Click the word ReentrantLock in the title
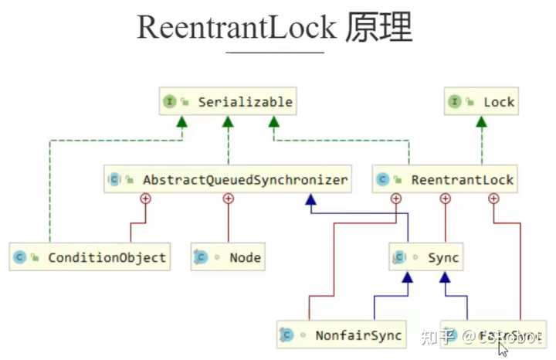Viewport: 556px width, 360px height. (x=236, y=28)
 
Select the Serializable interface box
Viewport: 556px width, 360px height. (x=227, y=102)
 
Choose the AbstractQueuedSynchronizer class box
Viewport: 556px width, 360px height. (x=227, y=179)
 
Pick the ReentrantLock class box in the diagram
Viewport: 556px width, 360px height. (x=444, y=179)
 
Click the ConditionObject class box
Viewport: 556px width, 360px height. (x=90, y=257)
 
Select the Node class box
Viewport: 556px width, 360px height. (x=228, y=257)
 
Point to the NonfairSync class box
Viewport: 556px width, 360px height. (x=340, y=335)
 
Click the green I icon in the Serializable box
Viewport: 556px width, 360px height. (x=169, y=102)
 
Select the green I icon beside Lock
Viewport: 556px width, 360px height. (x=455, y=102)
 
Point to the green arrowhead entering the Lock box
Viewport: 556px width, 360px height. (x=481, y=121)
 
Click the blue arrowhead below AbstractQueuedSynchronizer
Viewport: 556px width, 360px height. (x=310, y=200)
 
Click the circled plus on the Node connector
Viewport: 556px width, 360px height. (x=228, y=199)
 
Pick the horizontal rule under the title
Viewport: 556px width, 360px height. (x=275, y=53)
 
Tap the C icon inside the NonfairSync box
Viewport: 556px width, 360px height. (x=287, y=335)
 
